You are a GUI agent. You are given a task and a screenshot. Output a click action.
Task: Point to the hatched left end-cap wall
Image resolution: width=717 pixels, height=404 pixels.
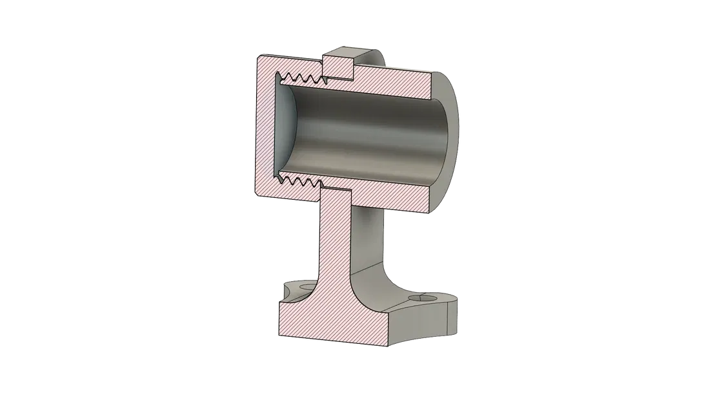point(265,129)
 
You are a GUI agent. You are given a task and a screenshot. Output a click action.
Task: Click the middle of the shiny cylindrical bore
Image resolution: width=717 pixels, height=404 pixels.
point(368,132)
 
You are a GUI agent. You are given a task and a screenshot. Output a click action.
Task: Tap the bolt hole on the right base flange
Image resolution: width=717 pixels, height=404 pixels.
point(425,301)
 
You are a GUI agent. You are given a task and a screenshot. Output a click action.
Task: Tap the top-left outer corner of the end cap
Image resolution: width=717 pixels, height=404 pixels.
point(258,56)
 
